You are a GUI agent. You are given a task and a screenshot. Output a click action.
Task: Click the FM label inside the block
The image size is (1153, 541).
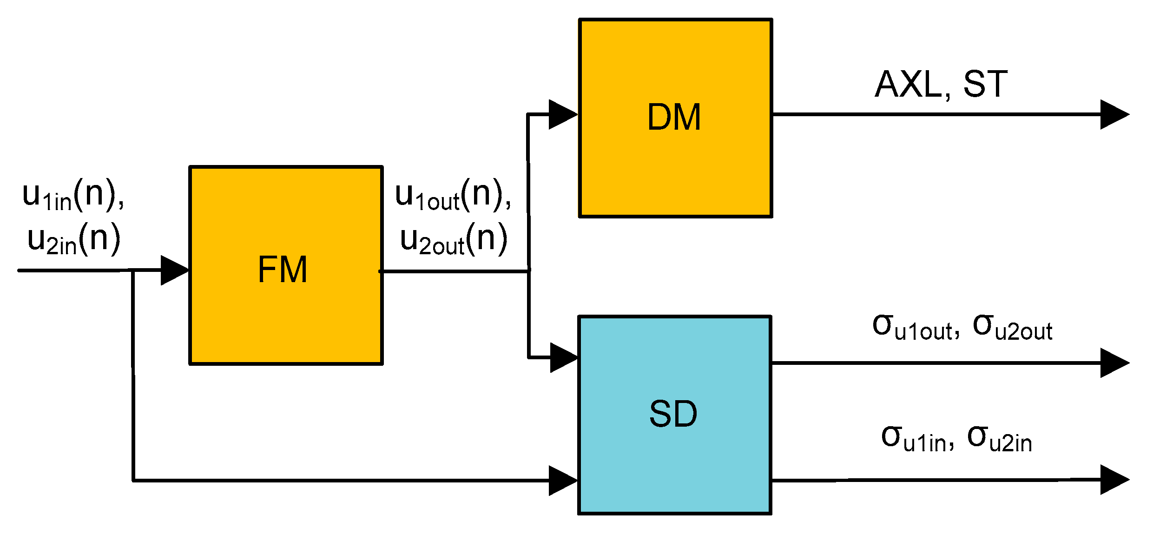tap(283, 270)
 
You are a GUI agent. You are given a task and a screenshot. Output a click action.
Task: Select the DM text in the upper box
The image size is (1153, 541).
tap(674, 118)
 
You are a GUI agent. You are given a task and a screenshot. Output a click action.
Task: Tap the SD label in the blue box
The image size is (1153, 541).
tap(673, 414)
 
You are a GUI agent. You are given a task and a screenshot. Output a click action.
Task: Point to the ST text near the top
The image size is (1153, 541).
tap(985, 85)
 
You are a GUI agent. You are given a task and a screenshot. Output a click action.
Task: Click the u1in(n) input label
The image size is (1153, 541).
tap(72, 196)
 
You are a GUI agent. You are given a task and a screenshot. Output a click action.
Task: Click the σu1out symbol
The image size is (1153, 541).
tap(916, 328)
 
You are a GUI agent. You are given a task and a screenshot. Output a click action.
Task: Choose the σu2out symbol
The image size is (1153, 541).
tap(1012, 328)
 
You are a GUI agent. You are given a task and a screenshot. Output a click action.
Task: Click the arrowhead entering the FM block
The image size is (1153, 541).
tap(174, 270)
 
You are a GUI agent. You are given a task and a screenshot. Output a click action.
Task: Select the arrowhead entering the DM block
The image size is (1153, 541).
tap(562, 114)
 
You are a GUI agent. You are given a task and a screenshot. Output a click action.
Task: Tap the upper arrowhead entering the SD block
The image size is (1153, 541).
tap(563, 357)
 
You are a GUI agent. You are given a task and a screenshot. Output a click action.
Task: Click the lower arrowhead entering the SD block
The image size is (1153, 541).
tap(562, 481)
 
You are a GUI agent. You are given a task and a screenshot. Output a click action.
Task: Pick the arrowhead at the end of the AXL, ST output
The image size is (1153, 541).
tap(1114, 114)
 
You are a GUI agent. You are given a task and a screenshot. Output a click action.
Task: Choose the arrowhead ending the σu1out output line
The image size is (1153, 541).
tap(1114, 363)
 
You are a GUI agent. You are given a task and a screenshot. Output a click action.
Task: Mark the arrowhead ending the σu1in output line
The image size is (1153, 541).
tap(1114, 480)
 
